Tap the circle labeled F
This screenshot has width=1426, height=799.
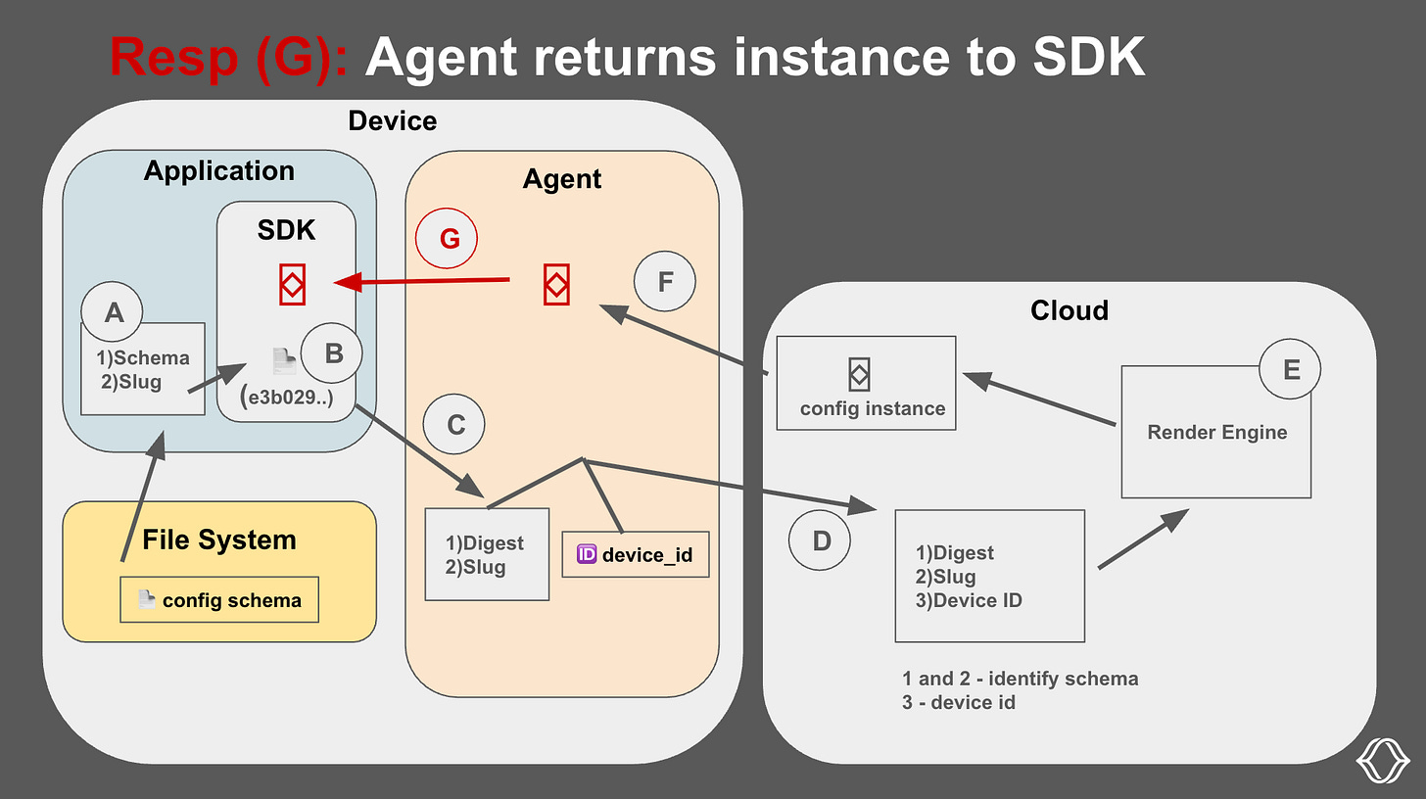[665, 283]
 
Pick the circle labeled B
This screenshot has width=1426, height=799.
[333, 352]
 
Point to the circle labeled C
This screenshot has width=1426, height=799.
[455, 425]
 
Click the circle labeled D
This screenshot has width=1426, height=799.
[821, 540]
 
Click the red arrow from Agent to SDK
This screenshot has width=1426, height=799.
[421, 283]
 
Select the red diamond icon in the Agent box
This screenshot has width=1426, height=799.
[555, 285]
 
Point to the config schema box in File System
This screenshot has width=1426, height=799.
[219, 600]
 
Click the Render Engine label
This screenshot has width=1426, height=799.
[1216, 432]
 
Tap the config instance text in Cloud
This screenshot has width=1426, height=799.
[873, 408]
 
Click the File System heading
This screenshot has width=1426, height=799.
[218, 540]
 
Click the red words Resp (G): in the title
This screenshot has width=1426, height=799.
[228, 58]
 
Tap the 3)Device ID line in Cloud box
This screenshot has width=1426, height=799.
[968, 600]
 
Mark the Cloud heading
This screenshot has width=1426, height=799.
[1069, 310]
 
